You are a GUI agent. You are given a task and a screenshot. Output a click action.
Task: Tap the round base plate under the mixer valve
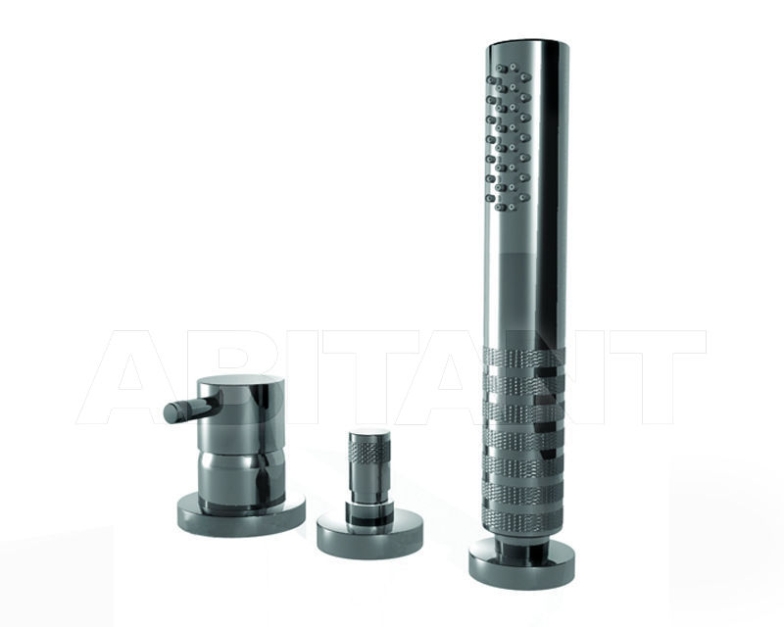[241, 514]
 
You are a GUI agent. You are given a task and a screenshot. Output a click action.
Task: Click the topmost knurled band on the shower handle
[524, 359]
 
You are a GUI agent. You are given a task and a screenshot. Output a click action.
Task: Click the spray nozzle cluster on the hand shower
[509, 136]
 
